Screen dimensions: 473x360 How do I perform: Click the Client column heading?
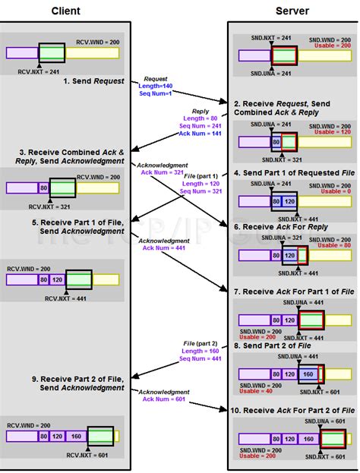(66, 11)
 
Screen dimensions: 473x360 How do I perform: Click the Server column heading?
(291, 11)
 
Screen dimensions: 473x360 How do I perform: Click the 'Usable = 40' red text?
(256, 392)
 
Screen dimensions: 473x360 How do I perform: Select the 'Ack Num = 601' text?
(163, 400)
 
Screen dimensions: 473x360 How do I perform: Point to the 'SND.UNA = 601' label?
(331, 421)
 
